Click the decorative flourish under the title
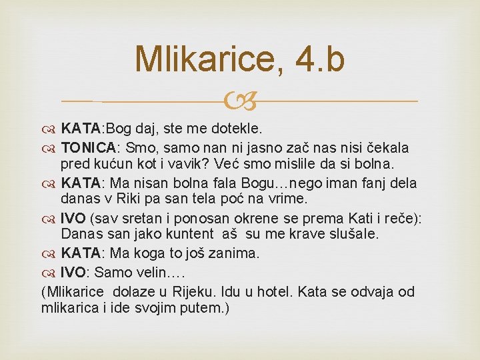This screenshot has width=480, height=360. tap(241, 101)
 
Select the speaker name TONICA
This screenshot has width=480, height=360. tap(88, 147)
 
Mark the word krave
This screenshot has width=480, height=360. tap(308, 234)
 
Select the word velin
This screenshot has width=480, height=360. tap(163, 273)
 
